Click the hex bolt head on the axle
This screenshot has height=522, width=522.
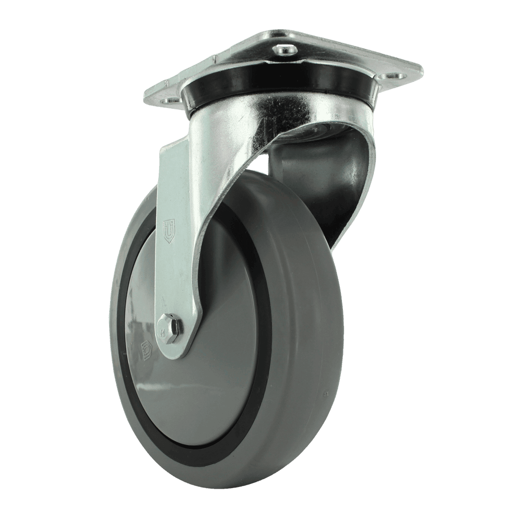[169, 327]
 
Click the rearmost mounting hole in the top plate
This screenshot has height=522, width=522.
[285, 50]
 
